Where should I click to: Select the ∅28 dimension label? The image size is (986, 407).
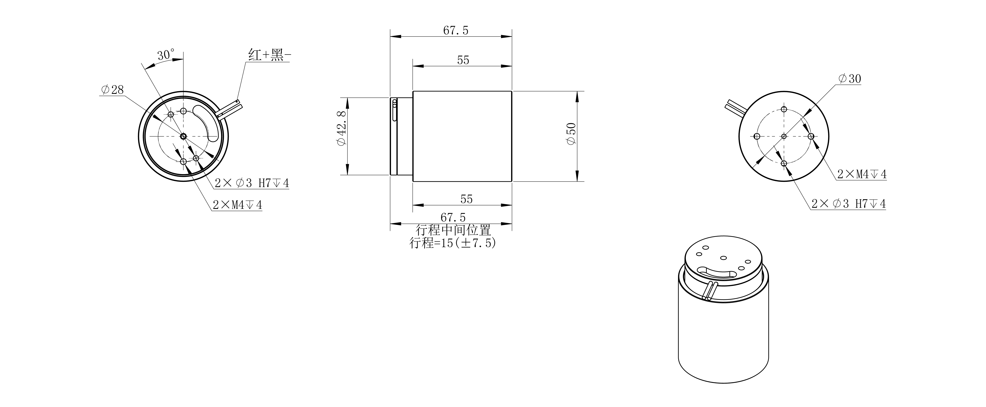[x=112, y=90]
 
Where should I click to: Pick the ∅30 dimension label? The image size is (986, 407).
[x=849, y=79]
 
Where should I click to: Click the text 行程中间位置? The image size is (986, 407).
[x=453, y=230]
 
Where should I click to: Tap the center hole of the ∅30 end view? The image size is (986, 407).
[x=783, y=136]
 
